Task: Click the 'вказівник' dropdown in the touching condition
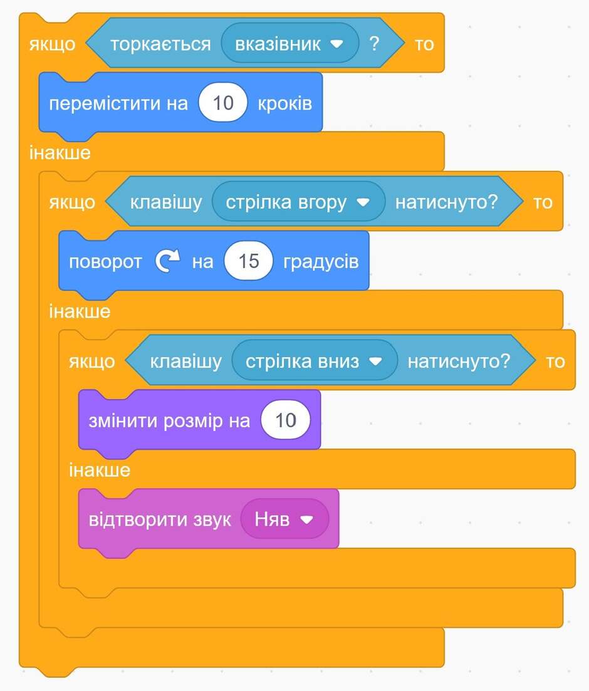[x=289, y=43]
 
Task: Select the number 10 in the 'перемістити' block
[x=223, y=103]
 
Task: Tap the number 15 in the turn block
[x=249, y=261]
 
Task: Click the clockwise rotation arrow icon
[x=167, y=261]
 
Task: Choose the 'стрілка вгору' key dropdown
[x=298, y=202]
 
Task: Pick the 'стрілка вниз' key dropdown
[x=314, y=361]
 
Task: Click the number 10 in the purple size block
[x=286, y=420]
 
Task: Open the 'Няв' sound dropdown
[x=284, y=519]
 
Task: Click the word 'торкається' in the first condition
[x=160, y=44]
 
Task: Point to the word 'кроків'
[x=285, y=103]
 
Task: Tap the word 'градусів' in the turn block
[x=321, y=262]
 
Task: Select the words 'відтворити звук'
[x=160, y=519]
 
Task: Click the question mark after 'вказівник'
[x=374, y=43]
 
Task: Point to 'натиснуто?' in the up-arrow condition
[x=446, y=202]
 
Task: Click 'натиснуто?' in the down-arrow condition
[x=459, y=361]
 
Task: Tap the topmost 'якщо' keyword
[x=53, y=44]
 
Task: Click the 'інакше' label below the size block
[x=100, y=470]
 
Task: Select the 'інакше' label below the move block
[x=60, y=152]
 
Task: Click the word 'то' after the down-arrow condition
[x=555, y=362]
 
